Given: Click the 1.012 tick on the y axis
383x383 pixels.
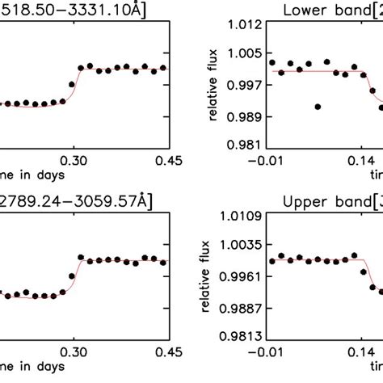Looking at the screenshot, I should click(x=245, y=26).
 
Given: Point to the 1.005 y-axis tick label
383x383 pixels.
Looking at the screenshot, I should click(x=245, y=54).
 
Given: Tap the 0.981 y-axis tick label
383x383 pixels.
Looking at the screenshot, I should click(x=245, y=146).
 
